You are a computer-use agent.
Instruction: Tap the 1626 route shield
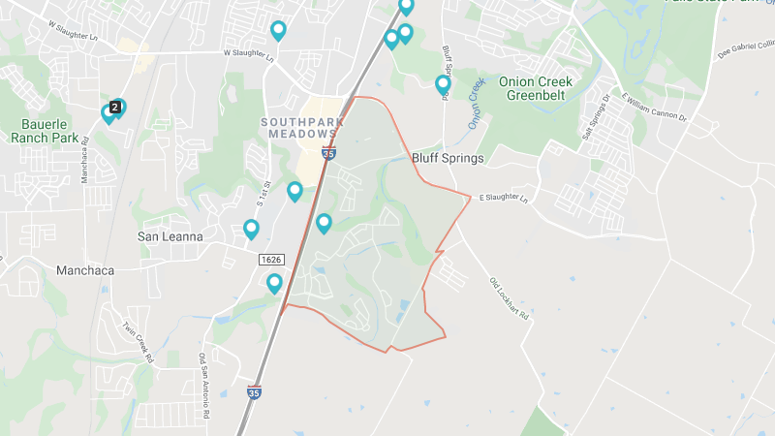(x=270, y=260)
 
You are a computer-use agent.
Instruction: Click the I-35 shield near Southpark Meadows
(x=329, y=153)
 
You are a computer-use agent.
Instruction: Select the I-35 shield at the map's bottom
(x=254, y=392)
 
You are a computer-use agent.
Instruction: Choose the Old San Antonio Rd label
(x=205, y=386)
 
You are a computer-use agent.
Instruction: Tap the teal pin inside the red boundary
(x=324, y=223)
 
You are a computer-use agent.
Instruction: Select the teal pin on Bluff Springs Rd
(x=443, y=84)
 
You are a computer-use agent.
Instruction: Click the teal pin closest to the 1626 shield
(x=274, y=283)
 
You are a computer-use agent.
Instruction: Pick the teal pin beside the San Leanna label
(x=251, y=229)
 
